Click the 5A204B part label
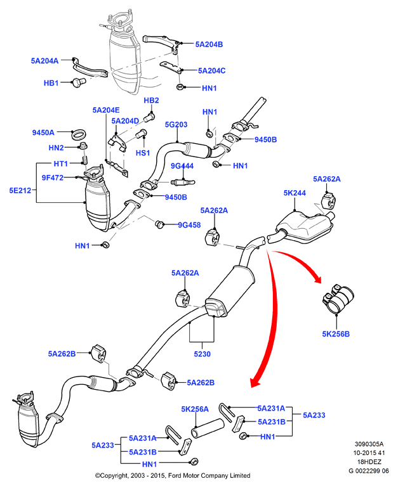(209, 44)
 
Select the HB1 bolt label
(51, 83)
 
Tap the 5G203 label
(176, 124)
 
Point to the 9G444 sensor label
(182, 166)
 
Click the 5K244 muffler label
(295, 193)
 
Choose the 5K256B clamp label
(336, 334)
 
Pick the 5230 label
(202, 354)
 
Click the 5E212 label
(20, 191)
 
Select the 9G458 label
(189, 225)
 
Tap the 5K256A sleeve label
(195, 409)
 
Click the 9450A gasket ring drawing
(79, 134)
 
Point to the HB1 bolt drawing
(79, 82)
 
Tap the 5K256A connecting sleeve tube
(208, 428)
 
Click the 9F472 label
(53, 177)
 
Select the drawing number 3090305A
(369, 444)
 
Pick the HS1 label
(143, 153)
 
